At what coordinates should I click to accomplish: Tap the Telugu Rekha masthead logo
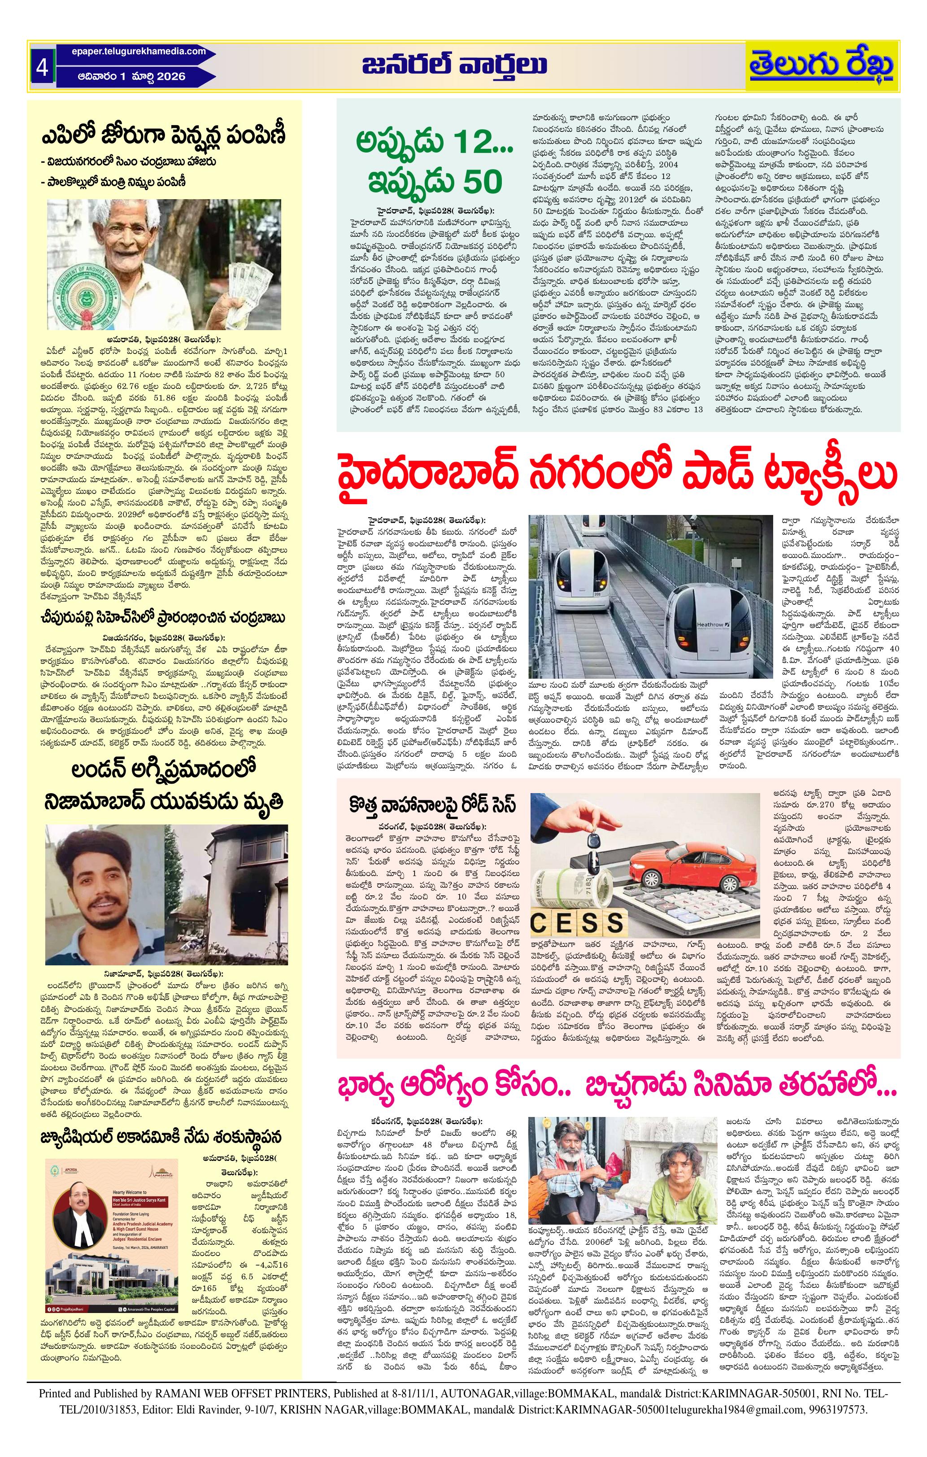[821, 66]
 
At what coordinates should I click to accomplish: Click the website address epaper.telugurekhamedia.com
[131, 52]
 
